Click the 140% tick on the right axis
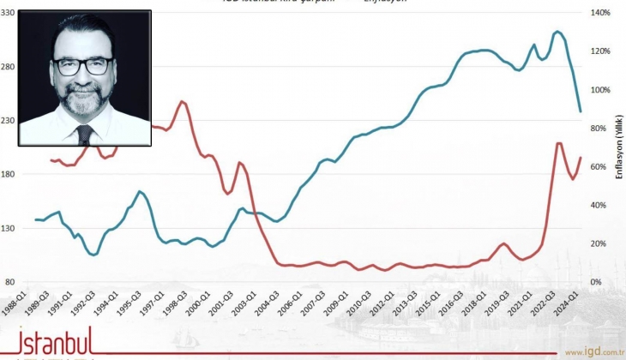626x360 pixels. (x=600, y=13)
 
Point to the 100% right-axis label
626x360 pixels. (x=600, y=90)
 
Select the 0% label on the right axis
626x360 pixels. (x=596, y=283)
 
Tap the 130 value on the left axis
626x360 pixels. (x=9, y=229)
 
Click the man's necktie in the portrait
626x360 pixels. (x=85, y=134)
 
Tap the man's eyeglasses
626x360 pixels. (x=83, y=65)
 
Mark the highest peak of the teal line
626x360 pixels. (x=557, y=32)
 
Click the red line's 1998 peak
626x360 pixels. (x=182, y=101)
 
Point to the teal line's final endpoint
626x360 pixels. (x=581, y=111)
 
